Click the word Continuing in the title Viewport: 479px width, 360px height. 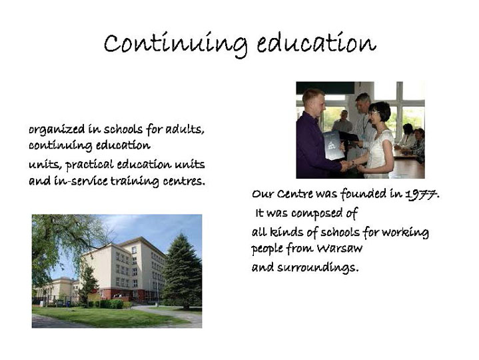(175, 45)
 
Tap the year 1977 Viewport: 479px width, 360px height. (421, 194)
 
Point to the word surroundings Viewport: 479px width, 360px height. (316, 267)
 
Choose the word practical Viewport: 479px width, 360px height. (89, 165)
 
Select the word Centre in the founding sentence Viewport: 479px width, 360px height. (294, 194)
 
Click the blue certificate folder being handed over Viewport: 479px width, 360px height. (333, 145)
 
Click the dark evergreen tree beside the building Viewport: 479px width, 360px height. (182, 270)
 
